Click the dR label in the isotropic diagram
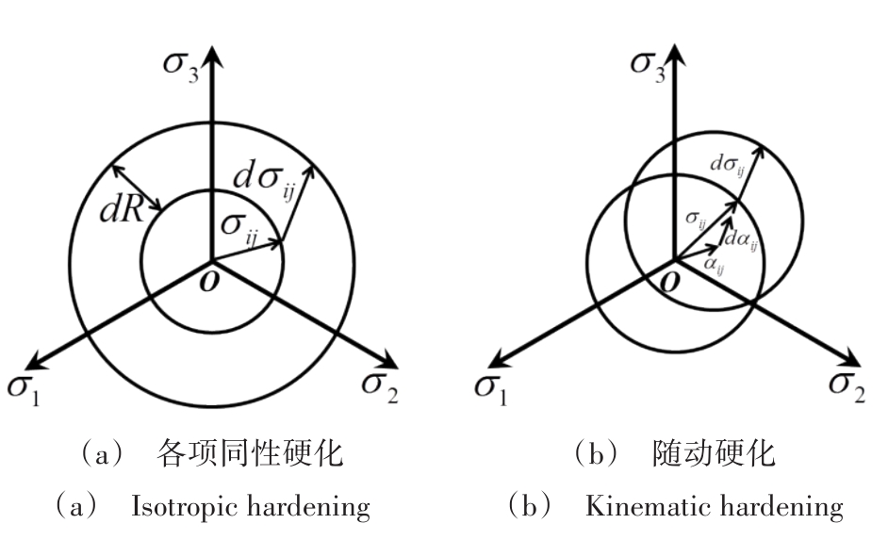tap(122, 211)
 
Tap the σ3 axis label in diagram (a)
tap(181, 67)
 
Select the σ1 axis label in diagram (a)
tap(24, 390)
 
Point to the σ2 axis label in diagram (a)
tap(380, 387)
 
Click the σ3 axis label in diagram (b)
tap(649, 67)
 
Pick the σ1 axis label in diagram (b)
tap(491, 390)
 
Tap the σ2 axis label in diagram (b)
tap(847, 387)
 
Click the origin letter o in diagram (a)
tap(209, 281)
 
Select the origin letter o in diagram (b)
tap(670, 281)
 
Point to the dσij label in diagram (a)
tap(264, 181)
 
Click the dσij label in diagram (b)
tap(727, 165)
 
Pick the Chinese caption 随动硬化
tap(714, 454)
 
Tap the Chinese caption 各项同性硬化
tap(250, 454)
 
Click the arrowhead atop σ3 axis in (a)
tap(212, 56)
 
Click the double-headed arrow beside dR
tap(137, 188)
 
